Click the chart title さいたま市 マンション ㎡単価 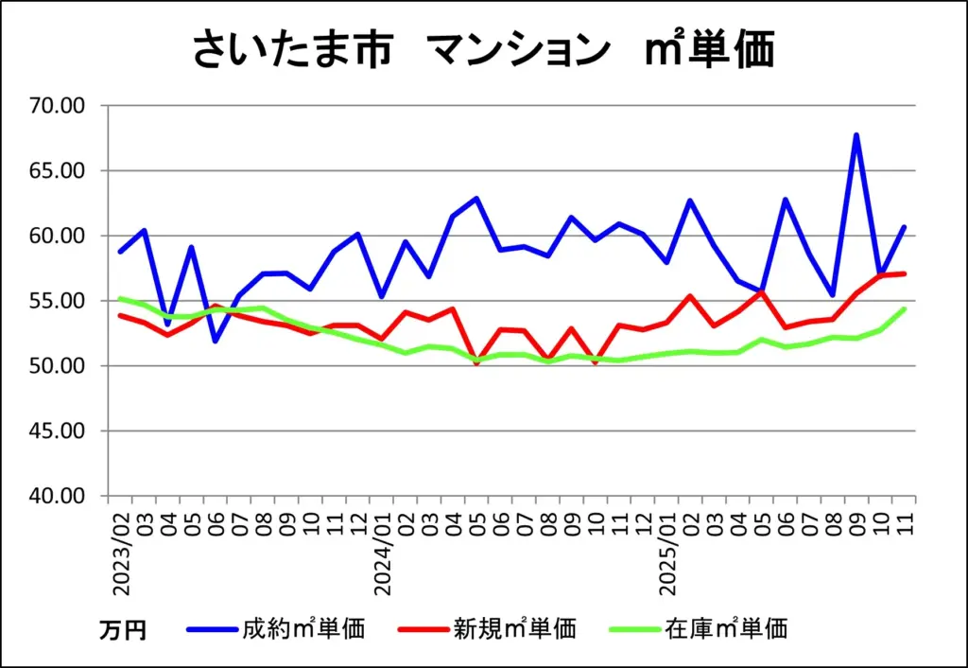483,50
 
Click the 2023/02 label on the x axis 121,556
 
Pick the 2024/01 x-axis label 383,556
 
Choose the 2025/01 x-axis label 668,556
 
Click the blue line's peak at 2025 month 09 856,135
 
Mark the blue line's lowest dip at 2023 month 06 216,341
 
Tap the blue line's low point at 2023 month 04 168,325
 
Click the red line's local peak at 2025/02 690,296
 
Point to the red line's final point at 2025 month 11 904,273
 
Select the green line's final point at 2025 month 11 904,308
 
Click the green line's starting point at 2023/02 120,298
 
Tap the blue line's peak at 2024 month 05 476,199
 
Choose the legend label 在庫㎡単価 725,627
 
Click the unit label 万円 123,629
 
